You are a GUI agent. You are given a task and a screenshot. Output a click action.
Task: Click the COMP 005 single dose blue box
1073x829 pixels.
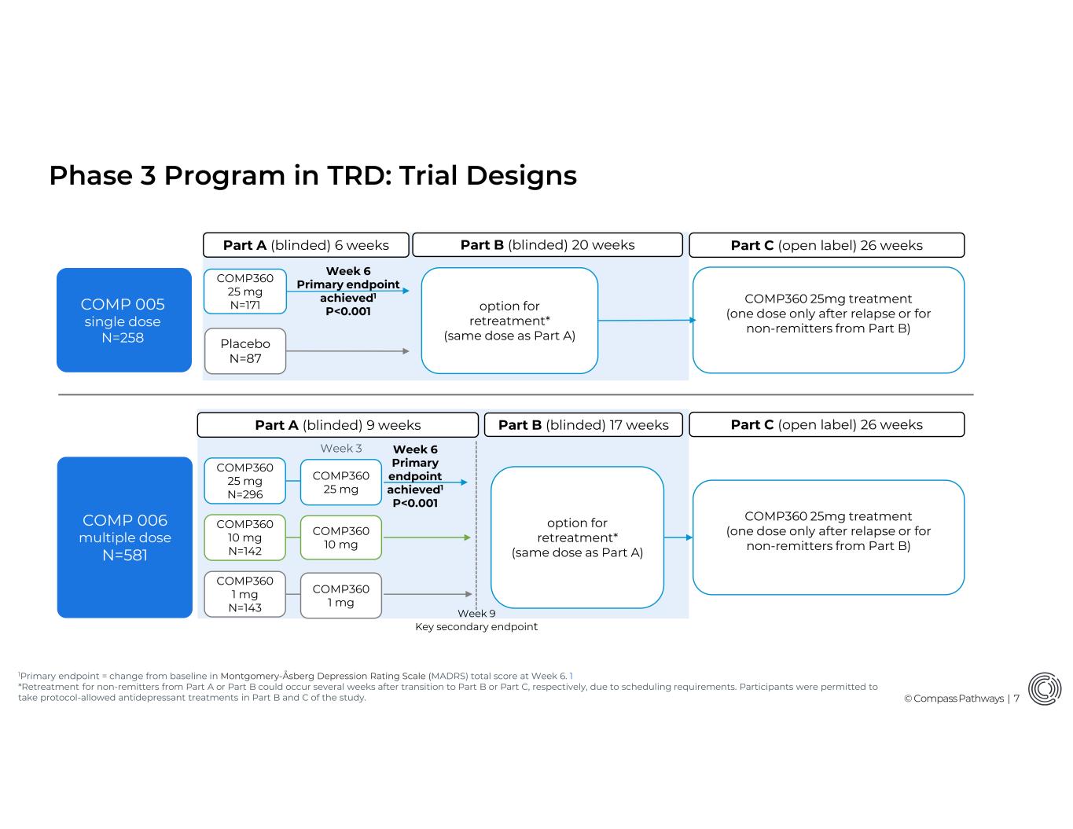tap(124, 320)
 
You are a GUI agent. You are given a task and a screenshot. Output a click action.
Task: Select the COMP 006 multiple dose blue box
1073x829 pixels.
tap(124, 537)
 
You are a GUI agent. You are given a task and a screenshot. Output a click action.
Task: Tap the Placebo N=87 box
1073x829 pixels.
tap(245, 350)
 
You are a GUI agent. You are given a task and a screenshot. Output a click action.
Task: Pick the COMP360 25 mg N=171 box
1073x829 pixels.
tap(245, 292)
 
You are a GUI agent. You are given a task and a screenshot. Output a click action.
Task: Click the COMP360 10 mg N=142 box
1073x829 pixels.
tap(245, 537)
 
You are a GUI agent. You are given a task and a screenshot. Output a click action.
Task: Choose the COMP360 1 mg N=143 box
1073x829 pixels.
tap(245, 594)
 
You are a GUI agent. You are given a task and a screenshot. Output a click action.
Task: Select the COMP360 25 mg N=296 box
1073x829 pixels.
tap(245, 481)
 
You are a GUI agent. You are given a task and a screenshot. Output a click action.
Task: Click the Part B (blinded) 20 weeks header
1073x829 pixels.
tap(548, 244)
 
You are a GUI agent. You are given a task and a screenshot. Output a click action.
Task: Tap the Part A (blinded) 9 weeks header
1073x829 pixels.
tap(338, 425)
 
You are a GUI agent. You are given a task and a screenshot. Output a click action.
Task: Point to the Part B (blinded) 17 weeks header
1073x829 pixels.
tap(583, 425)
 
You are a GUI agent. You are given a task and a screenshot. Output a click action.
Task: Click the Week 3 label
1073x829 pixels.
tap(340, 448)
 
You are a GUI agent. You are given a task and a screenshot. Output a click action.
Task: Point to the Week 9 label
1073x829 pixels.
tap(476, 614)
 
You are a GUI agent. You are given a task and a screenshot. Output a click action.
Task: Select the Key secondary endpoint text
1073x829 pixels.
tap(476, 627)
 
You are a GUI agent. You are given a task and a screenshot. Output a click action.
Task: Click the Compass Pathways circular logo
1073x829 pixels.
tap(1045, 689)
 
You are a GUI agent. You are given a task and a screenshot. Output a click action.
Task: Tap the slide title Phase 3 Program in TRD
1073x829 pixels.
tap(313, 176)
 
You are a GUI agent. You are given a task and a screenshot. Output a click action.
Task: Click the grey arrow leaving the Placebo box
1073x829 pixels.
tap(347, 351)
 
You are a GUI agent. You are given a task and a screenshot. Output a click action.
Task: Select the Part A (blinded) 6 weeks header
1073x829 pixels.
tap(306, 245)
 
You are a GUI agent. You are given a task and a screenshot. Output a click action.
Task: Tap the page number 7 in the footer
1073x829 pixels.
tap(1016, 699)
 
